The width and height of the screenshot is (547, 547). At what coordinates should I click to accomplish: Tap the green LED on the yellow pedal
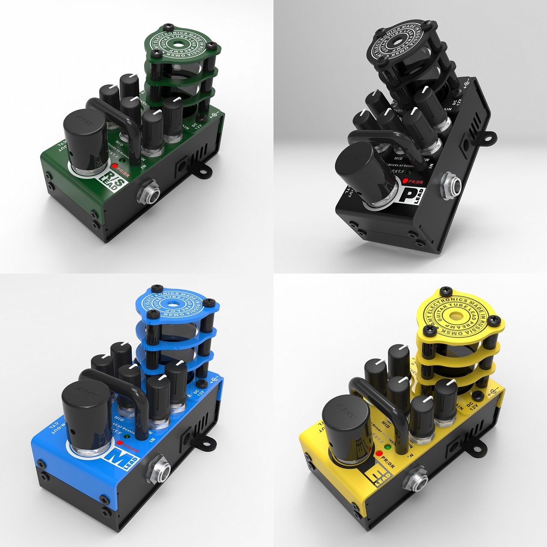pyautogui.click(x=388, y=447)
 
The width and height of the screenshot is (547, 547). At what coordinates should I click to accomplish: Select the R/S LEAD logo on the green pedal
pyautogui.click(x=112, y=177)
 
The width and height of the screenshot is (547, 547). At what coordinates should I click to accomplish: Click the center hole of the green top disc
pyautogui.click(x=179, y=45)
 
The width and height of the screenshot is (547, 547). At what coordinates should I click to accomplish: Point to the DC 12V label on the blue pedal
pyautogui.click(x=197, y=393)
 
